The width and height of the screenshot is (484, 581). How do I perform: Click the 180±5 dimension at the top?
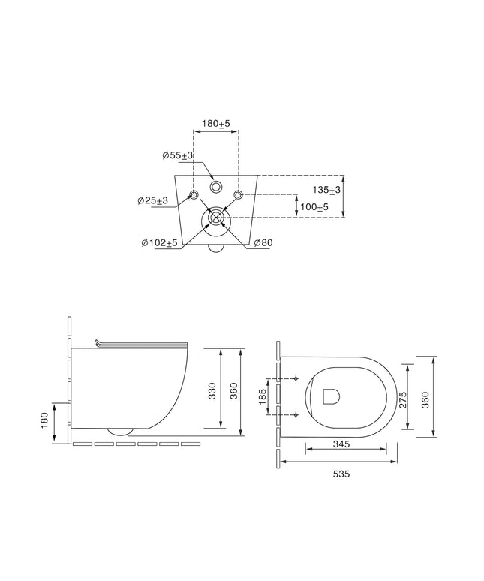216,123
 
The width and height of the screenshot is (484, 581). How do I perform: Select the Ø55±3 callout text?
178,155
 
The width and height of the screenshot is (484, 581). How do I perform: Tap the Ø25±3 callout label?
152,200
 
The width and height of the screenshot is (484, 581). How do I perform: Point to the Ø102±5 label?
160,243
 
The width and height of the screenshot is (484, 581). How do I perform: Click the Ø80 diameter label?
263,242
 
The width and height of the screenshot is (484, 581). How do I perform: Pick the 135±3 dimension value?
326,190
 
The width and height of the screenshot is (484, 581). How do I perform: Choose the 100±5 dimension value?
314,206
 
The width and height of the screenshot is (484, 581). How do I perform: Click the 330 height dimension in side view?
212,391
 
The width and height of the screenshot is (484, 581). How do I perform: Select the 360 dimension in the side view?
234,391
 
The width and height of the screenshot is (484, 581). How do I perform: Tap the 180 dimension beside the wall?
44,420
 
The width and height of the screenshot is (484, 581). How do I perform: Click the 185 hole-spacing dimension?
262,396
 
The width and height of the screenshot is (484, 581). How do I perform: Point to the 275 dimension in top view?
403,400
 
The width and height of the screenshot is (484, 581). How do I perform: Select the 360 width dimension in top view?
426,400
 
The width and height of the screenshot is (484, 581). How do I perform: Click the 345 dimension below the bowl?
341,444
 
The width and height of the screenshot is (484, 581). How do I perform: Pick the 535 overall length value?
341,474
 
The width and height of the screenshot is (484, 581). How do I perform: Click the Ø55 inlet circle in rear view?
215,187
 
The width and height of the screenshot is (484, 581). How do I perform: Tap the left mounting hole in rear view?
194,194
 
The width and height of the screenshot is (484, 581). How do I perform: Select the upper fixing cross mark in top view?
296,378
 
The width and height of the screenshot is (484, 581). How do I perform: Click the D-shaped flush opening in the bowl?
332,396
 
